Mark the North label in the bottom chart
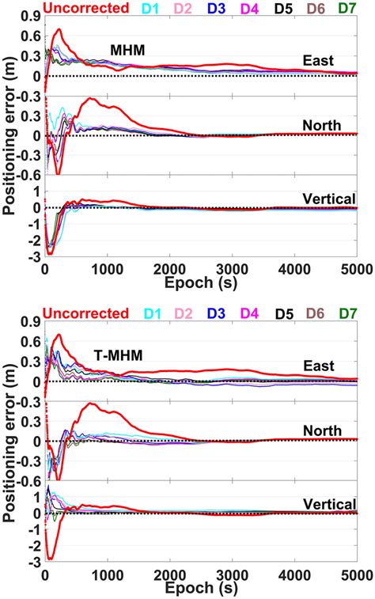[323, 430]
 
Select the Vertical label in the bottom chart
[330, 504]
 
